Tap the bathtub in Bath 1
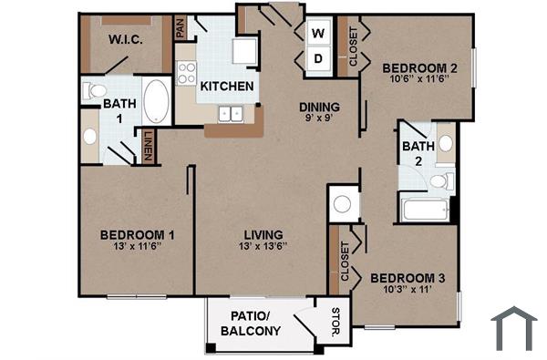point(156,101)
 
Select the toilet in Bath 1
point(94,91)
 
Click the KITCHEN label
point(227,87)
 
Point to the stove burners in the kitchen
point(187,72)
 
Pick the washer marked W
point(318,35)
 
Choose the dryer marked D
point(318,58)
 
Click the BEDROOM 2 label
point(418,67)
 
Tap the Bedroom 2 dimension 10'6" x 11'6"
point(418,80)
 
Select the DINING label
point(320,107)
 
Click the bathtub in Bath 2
point(425,211)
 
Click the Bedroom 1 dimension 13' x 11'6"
point(137,246)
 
